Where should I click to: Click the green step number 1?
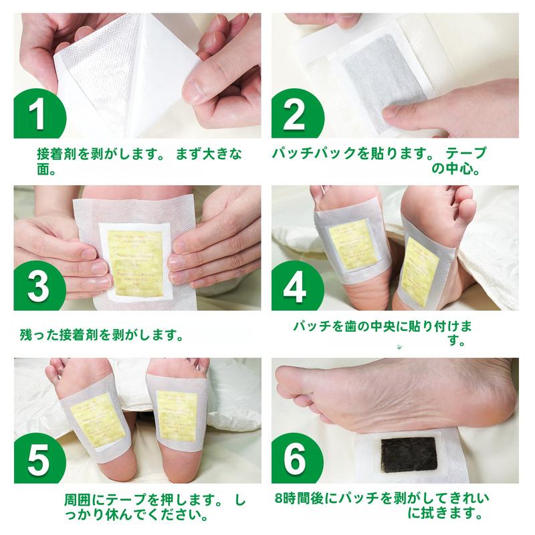click(39, 114)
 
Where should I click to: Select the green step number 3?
click(39, 288)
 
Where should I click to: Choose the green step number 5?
click(39, 462)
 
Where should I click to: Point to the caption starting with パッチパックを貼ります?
click(381, 160)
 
